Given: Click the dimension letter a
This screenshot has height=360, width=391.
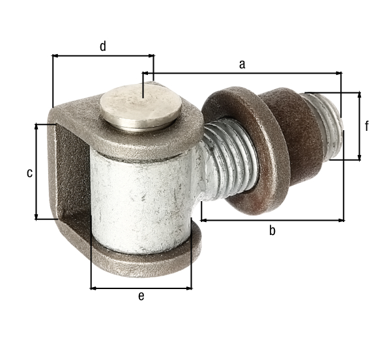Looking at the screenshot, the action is click(242, 64).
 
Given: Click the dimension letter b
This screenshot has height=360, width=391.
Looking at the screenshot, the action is click(272, 230).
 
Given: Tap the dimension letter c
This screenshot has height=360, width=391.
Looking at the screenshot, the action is click(30, 173).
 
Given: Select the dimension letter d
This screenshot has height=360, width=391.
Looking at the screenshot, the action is click(103, 46).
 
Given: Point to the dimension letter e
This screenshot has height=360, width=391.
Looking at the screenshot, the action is click(141, 296).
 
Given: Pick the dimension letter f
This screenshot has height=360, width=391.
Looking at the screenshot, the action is click(366, 126).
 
